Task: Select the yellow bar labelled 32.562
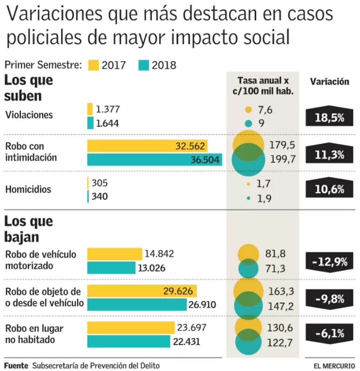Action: (147, 146)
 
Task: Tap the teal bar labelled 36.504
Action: (154, 160)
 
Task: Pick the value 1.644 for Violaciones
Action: (108, 123)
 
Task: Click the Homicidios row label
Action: (28, 189)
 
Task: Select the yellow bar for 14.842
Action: (115, 254)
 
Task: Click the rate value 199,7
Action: (282, 159)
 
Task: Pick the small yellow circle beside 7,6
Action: (248, 110)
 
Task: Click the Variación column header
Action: (329, 82)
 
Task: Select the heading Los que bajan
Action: (28, 229)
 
